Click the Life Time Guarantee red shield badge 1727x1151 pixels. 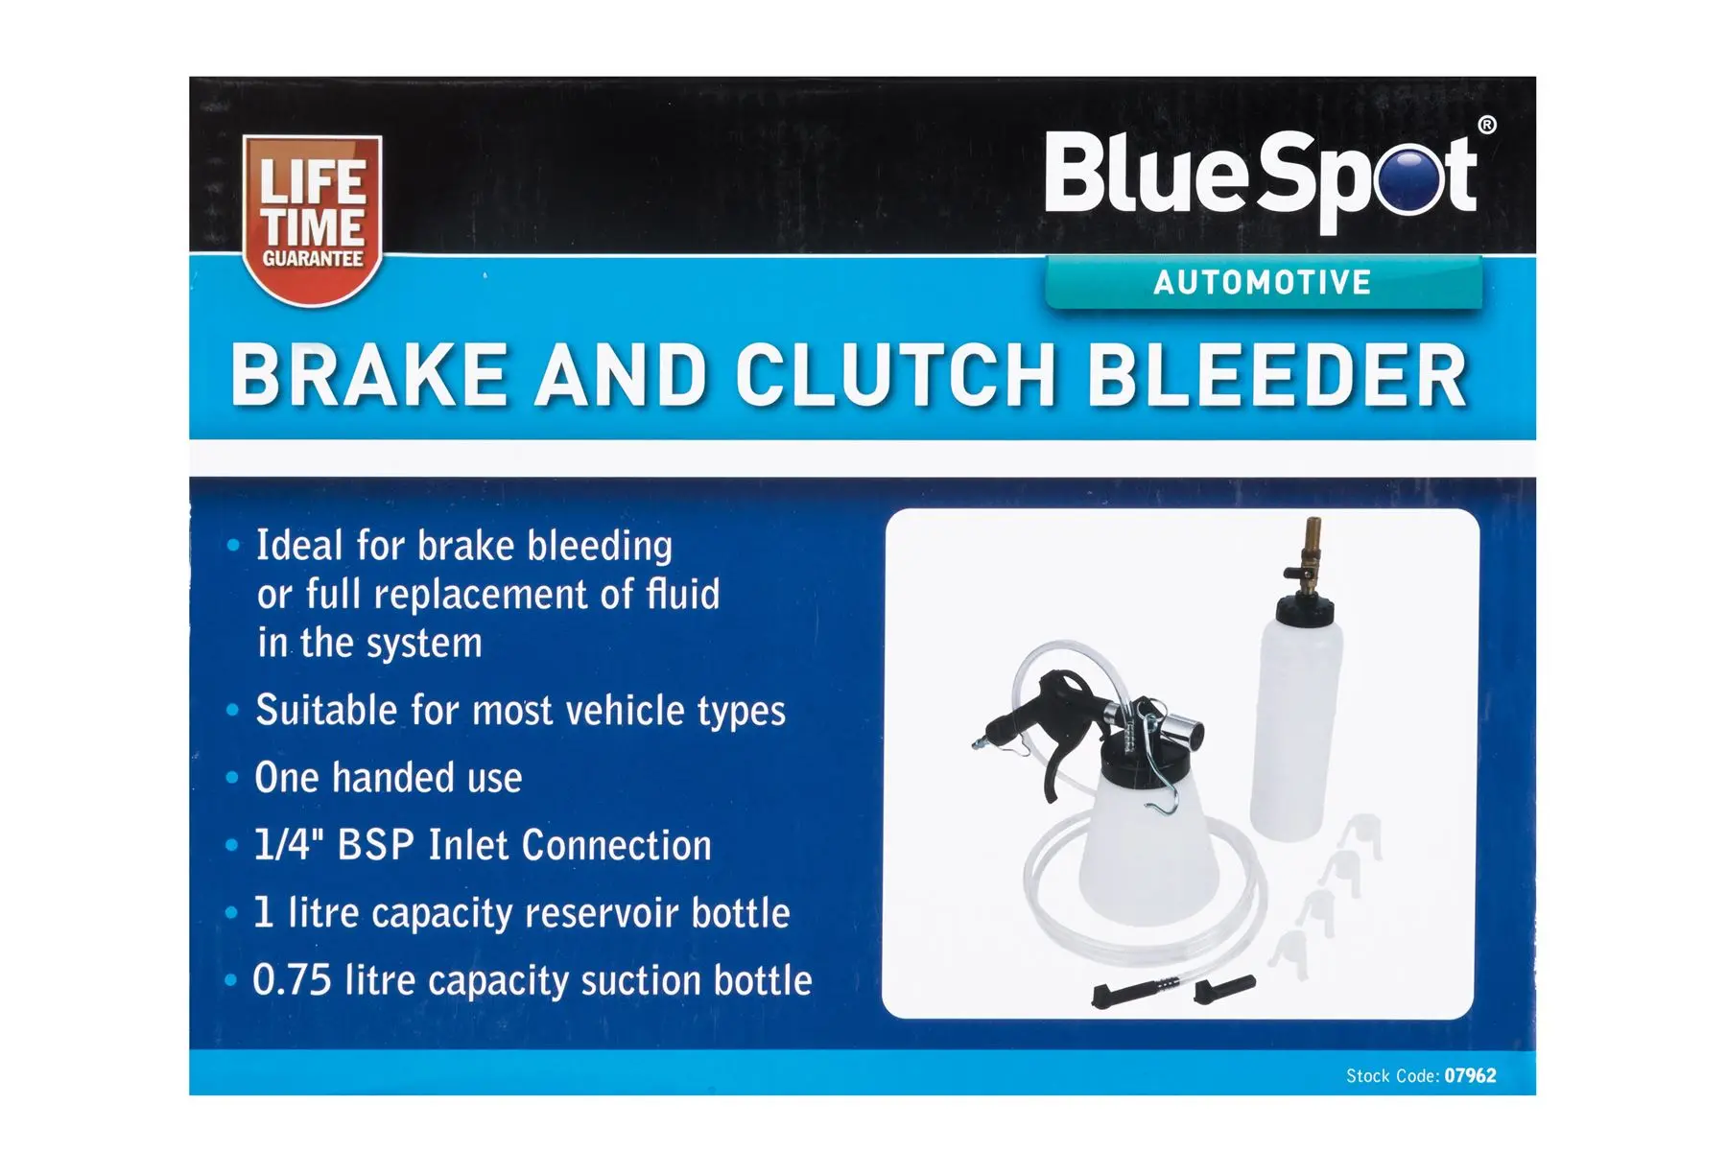[313, 219]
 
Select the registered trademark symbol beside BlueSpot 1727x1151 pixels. [1486, 125]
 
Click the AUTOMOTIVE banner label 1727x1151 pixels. [1262, 283]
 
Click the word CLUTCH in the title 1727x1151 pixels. [895, 376]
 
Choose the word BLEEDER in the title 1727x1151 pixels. [1277, 376]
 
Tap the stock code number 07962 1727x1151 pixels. [1470, 1076]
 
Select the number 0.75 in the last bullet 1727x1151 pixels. [292, 980]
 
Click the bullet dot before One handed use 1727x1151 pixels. [232, 778]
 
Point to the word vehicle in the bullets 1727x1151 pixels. [625, 711]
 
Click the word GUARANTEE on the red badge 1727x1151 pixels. [313, 259]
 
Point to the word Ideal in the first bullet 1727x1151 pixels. [298, 546]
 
